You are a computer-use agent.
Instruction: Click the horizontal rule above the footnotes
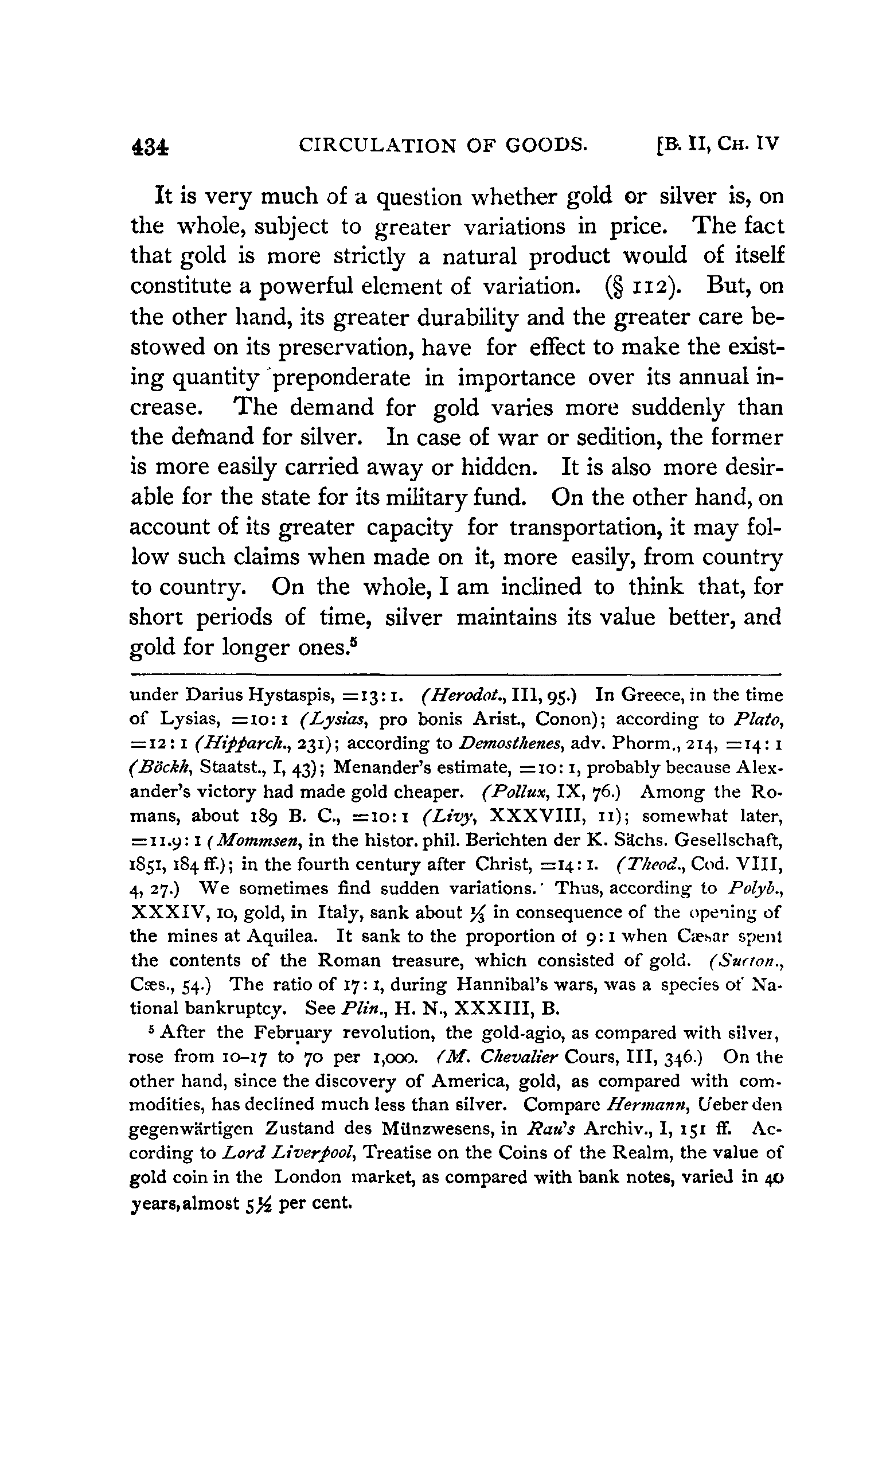coord(455,674)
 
